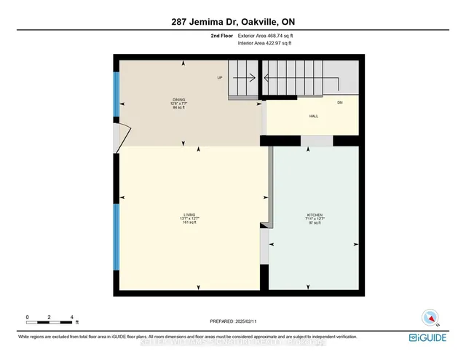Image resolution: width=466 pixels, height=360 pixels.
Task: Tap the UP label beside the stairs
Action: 218,78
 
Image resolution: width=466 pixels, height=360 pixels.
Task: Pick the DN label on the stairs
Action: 339,103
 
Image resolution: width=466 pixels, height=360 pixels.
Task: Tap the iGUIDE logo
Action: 433,337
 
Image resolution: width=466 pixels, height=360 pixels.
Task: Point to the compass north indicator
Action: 430,318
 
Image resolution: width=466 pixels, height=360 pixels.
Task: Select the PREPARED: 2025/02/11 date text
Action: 233,321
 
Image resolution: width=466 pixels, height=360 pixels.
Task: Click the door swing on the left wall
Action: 124,135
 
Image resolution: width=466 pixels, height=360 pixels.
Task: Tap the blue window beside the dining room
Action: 116,95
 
